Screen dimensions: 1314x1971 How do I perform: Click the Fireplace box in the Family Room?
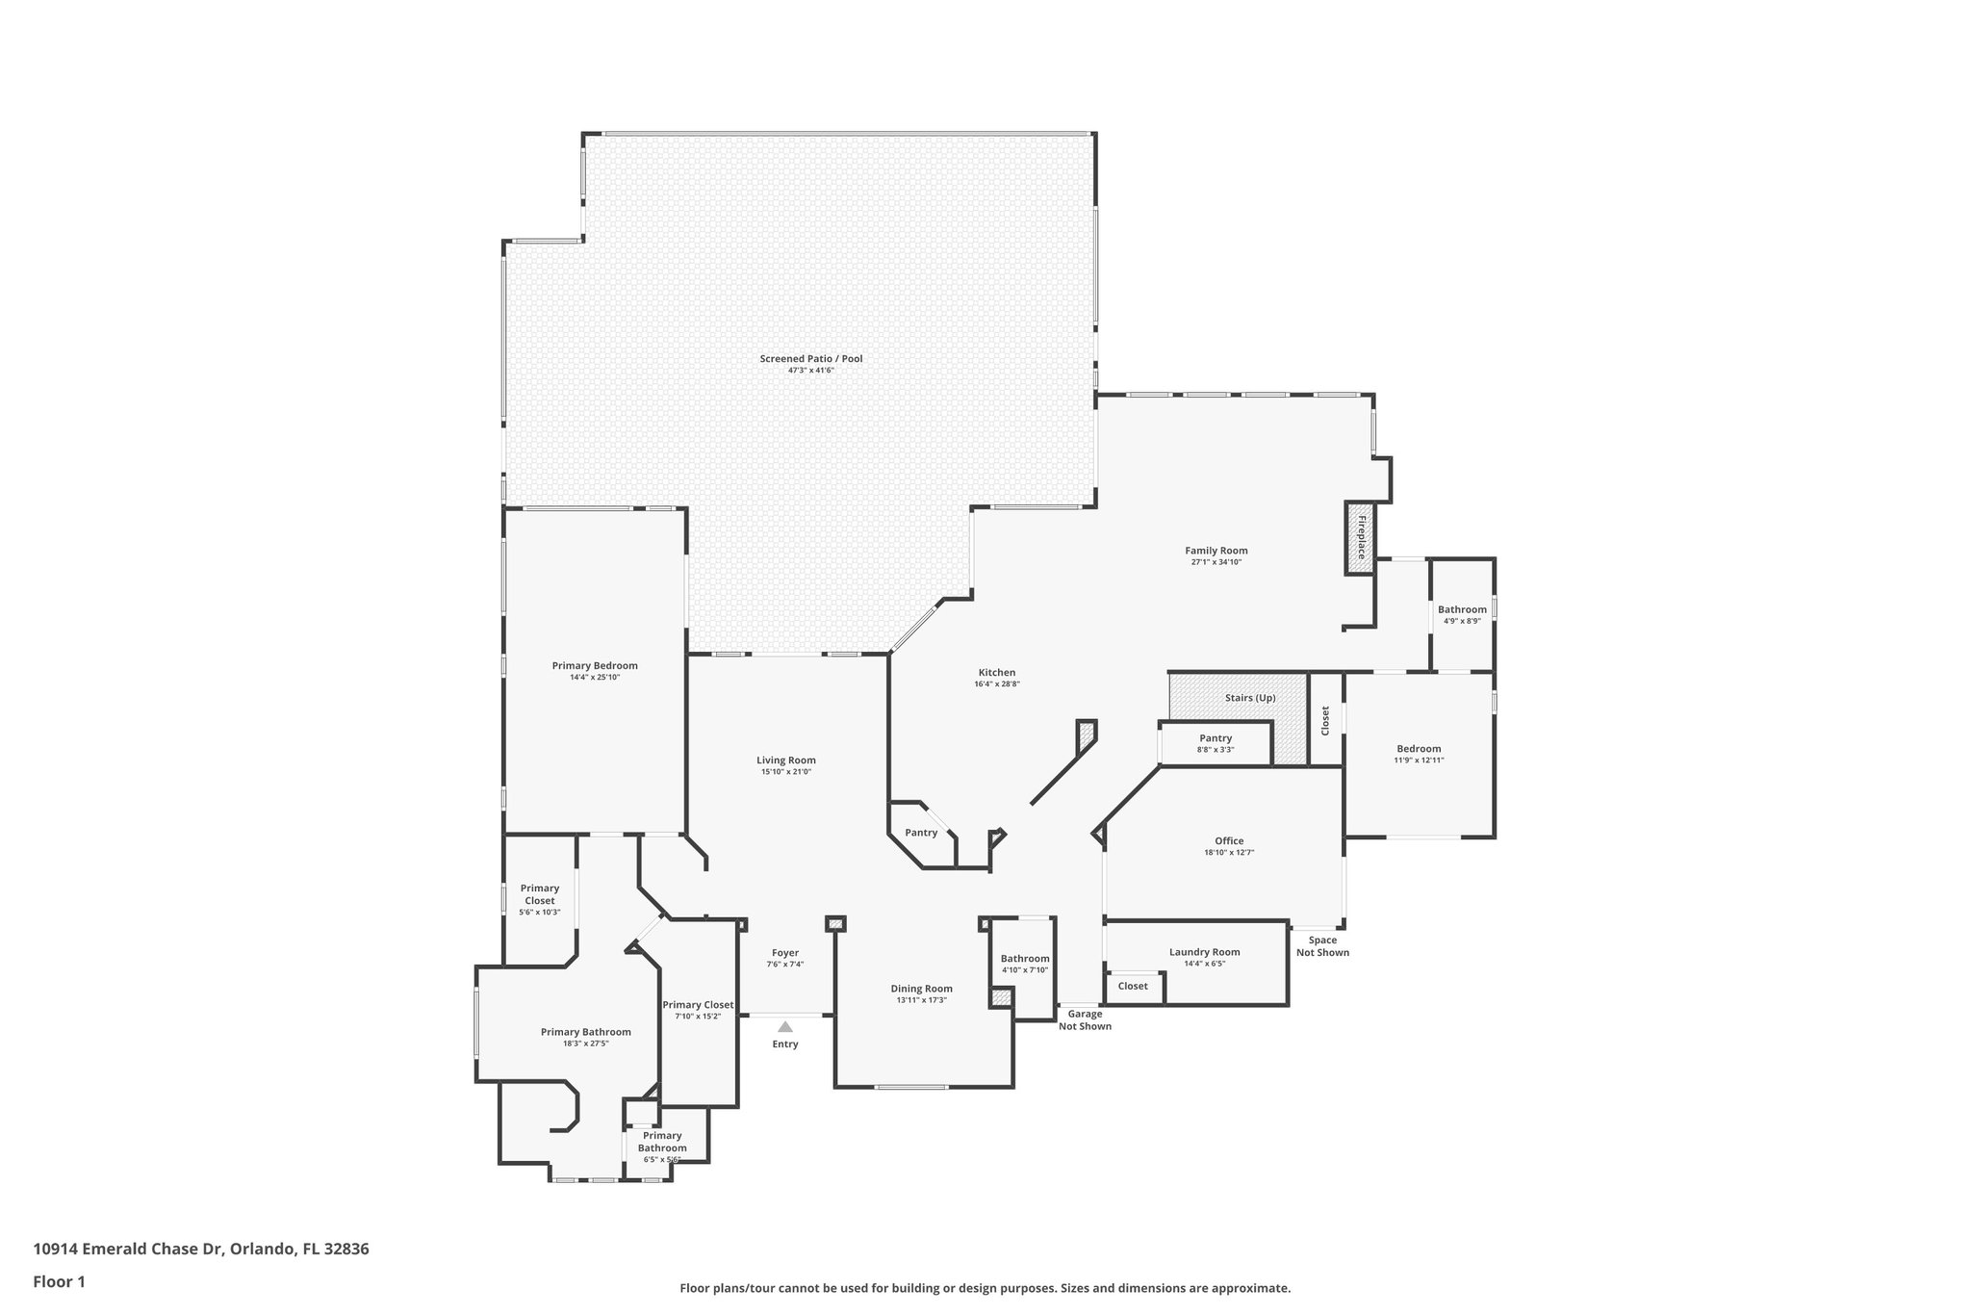[x=1360, y=538]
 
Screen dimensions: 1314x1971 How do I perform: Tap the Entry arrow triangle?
[x=785, y=1026]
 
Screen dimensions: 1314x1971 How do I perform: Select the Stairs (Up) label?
[x=1250, y=697]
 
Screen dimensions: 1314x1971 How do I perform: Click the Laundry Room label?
[x=1204, y=952]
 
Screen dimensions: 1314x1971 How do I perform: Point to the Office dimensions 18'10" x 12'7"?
[x=1229, y=852]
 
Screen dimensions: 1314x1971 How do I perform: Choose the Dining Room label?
[x=921, y=989]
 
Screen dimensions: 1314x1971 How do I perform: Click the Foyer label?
[x=785, y=953]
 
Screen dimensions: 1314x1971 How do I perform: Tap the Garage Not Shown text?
[x=1085, y=1019]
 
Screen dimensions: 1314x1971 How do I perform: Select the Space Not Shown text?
[x=1322, y=946]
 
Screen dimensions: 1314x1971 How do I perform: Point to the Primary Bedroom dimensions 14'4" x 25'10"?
[x=594, y=677]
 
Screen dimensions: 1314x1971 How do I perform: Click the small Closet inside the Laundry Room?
[x=1133, y=986]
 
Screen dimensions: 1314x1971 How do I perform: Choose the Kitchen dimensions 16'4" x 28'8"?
[x=996, y=684]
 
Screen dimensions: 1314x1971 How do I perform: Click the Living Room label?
[x=785, y=760]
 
